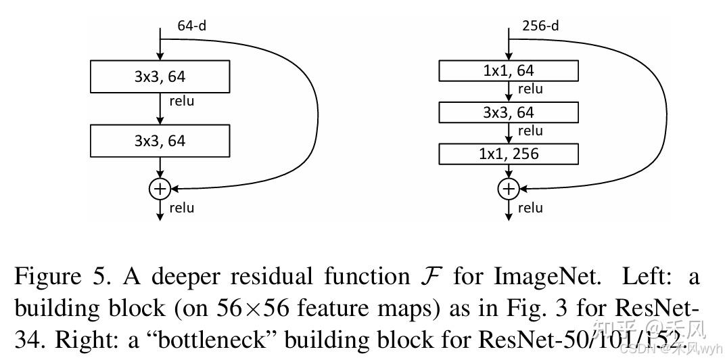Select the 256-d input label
(540, 26)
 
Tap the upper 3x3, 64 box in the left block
(160, 76)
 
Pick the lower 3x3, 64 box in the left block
(160, 141)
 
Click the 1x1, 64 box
(509, 70)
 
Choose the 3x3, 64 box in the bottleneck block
(509, 112)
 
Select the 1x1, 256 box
(509, 154)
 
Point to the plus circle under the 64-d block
(160, 189)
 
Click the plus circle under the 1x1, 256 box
(509, 189)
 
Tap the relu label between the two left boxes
(181, 102)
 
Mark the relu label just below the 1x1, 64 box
(530, 89)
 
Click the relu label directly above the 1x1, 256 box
(530, 131)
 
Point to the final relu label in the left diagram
(181, 208)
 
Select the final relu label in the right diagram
(530, 208)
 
